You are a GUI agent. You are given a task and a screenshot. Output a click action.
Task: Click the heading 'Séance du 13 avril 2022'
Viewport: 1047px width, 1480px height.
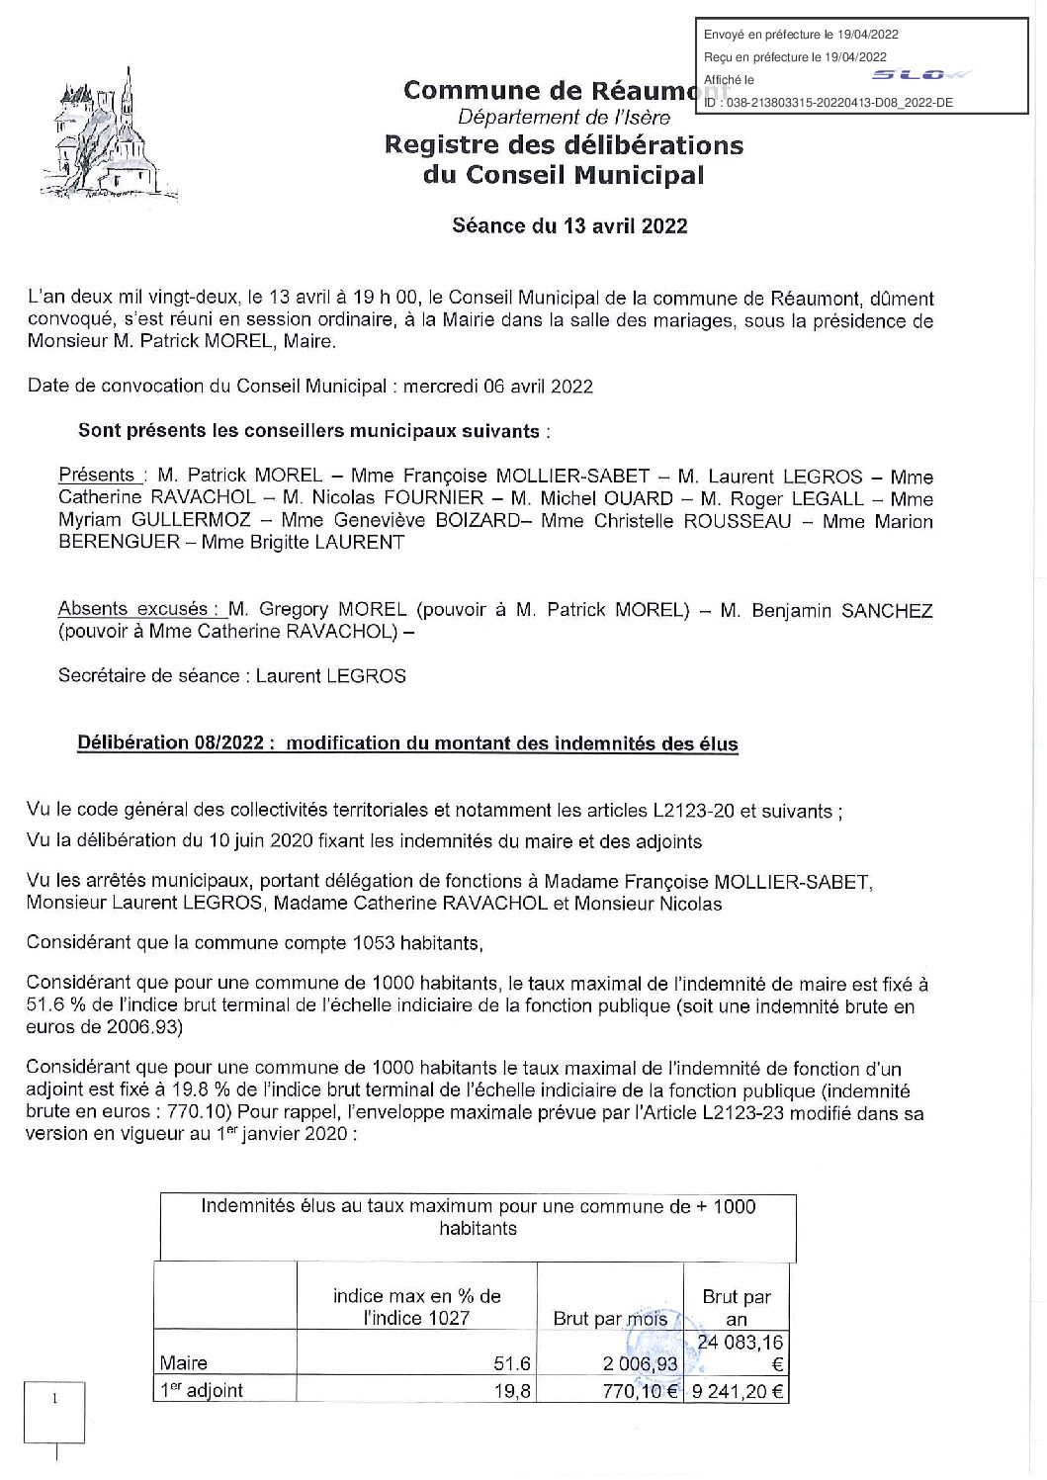click(567, 225)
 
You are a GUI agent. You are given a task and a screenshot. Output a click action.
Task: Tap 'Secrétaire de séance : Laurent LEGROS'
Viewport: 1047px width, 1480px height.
click(231, 675)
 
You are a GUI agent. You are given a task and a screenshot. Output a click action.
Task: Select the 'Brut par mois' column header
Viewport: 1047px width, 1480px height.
click(610, 1318)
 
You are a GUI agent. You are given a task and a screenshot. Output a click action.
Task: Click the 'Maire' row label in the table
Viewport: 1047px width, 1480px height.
click(185, 1363)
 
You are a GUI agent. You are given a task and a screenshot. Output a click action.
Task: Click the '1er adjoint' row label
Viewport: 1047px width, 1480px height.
click(202, 1391)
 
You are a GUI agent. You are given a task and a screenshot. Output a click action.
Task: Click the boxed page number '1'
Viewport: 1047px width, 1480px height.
click(55, 1399)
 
